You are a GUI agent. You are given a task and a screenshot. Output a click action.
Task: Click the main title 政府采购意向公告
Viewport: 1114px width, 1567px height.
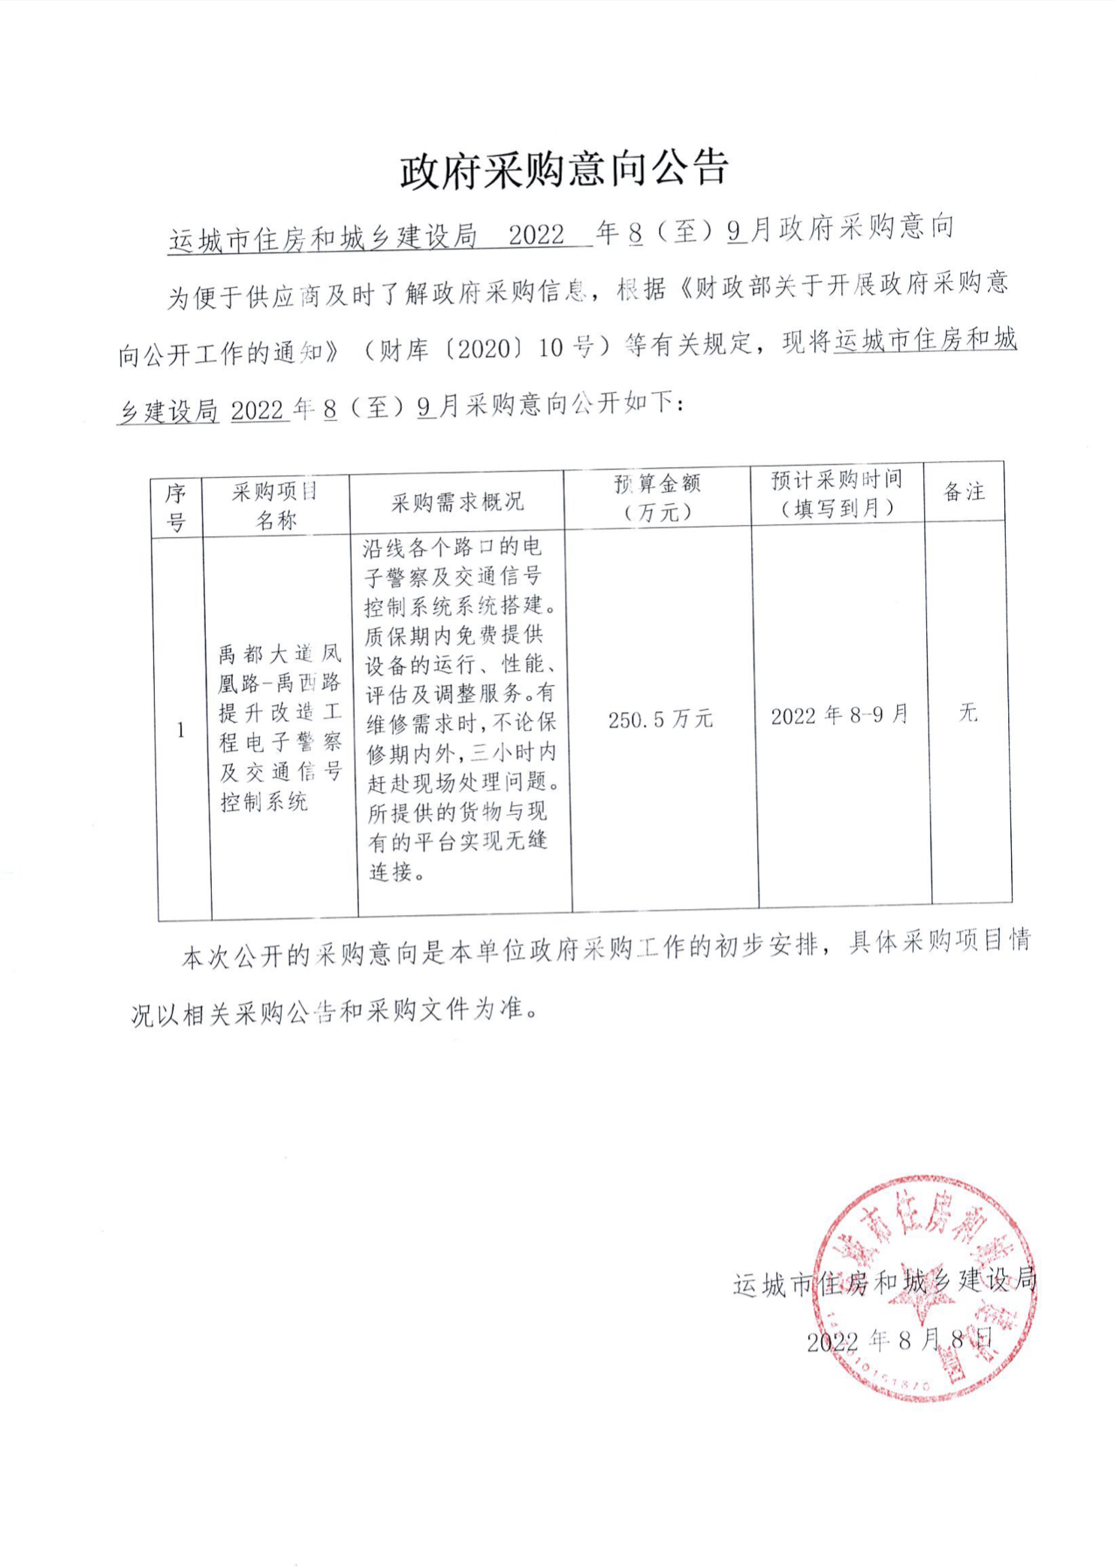[564, 169]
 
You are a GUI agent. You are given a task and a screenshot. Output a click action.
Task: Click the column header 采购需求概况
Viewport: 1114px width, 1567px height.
[457, 502]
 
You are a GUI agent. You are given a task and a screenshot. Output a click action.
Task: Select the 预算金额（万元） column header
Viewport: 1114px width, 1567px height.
[657, 497]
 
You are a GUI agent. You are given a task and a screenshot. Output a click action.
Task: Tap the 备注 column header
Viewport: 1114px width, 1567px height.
[964, 492]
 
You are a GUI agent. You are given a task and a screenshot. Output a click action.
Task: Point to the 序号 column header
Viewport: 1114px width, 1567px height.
[176, 507]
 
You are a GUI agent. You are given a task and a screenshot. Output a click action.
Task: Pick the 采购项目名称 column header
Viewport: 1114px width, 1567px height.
[275, 506]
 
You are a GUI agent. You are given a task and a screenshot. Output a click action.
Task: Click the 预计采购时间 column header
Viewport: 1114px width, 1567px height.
[837, 494]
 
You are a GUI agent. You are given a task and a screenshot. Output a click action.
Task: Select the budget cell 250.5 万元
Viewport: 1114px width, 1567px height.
[660, 720]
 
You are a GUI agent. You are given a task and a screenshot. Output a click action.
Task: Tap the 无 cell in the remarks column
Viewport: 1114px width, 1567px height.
[968, 712]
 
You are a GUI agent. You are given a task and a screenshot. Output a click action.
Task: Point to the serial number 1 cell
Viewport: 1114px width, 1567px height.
[180, 729]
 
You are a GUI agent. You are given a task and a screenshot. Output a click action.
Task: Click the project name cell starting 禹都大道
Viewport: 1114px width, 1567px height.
[279, 727]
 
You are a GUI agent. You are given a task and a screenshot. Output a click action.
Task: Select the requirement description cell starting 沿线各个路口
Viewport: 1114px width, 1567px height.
[460, 709]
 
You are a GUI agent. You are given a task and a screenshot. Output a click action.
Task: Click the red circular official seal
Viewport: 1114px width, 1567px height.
[925, 1288]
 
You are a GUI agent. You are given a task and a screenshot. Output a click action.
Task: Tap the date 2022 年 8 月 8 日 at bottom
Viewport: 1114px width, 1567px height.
[899, 1340]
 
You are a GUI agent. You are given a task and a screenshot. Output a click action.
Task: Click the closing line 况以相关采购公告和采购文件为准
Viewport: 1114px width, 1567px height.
[335, 1012]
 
